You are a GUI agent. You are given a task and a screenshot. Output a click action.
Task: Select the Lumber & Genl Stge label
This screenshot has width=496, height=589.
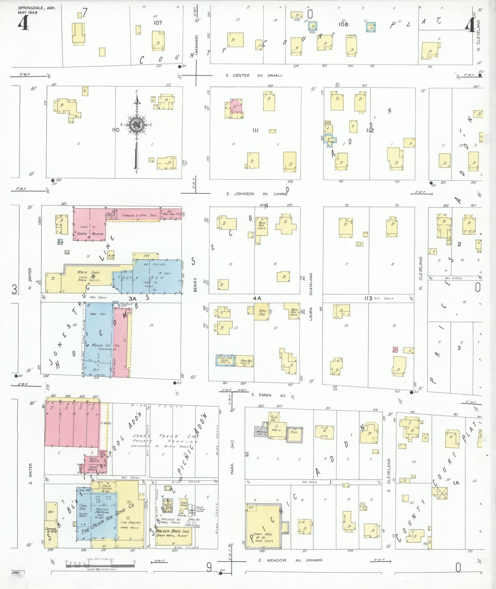[139, 216]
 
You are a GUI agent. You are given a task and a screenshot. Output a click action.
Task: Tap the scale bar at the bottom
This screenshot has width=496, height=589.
[100, 562]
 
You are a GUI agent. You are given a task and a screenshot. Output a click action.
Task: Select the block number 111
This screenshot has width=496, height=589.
[255, 131]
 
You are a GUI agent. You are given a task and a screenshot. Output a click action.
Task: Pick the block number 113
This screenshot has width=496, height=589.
[368, 298]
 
